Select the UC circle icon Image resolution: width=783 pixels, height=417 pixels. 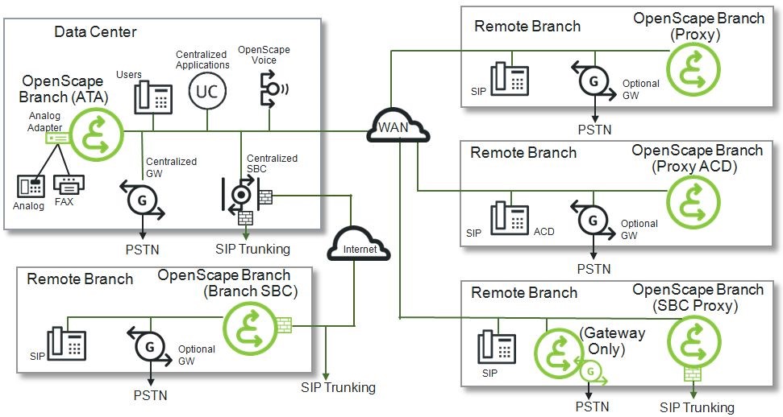tap(206, 92)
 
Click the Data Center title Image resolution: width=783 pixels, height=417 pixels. tap(95, 32)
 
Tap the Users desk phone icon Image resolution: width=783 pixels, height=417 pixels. tap(153, 96)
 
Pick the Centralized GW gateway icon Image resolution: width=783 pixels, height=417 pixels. tap(142, 198)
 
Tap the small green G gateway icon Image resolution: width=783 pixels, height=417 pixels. tap(591, 373)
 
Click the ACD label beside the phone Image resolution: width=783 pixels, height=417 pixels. tap(544, 232)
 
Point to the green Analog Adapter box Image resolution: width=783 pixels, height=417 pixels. tap(55, 138)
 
